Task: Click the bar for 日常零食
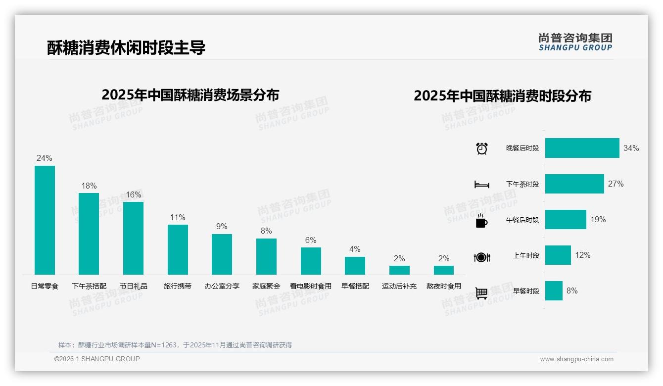click(x=45, y=220)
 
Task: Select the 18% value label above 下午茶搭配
click(x=89, y=186)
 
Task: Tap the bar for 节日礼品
click(x=133, y=238)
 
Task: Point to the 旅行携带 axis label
click(x=178, y=286)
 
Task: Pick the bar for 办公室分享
click(x=222, y=254)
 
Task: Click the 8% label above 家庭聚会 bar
click(x=266, y=231)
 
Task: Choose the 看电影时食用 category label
click(x=311, y=286)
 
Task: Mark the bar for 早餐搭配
click(x=355, y=266)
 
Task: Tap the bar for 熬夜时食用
click(x=444, y=270)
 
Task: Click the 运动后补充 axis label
click(x=399, y=286)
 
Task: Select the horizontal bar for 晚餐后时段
click(x=582, y=148)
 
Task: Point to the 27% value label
click(x=616, y=184)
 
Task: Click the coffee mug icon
click(x=481, y=221)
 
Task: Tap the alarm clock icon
click(x=482, y=148)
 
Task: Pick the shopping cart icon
click(x=481, y=293)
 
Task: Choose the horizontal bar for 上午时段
click(x=558, y=255)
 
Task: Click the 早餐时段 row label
click(x=526, y=291)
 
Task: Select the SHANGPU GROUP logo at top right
click(x=575, y=42)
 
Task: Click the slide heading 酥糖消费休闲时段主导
click(x=126, y=48)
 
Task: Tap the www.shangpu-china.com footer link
click(x=576, y=359)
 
